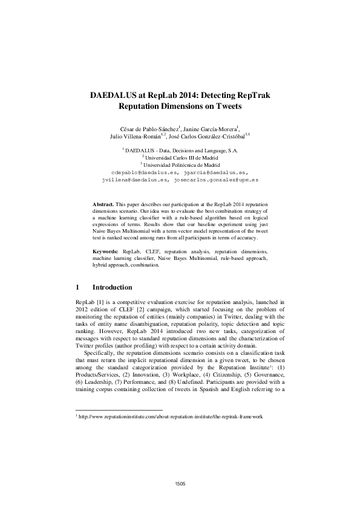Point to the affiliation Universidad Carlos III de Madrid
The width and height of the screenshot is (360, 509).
pos(180,156)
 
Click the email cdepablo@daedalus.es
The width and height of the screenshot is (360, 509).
pos(146,172)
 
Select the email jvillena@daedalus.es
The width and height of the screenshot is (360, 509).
pos(134,180)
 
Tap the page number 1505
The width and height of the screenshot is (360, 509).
pos(180,484)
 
